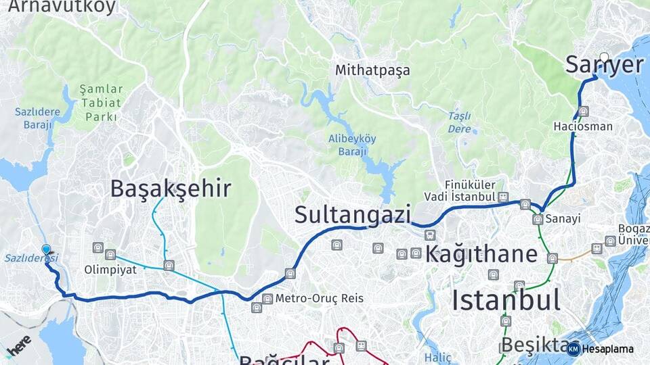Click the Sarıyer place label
point(604,66)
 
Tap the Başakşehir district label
point(171,189)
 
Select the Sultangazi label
point(353,215)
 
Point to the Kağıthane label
point(482,254)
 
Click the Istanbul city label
point(506,299)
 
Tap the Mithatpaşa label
point(372,70)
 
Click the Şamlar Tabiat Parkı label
point(102,103)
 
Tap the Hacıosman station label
point(583,126)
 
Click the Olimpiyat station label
point(110,268)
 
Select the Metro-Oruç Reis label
point(320,298)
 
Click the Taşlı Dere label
point(459,122)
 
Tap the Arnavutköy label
point(62,7)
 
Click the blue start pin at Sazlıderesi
point(46,249)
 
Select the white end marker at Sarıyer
point(604,58)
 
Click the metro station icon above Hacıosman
point(583,111)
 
